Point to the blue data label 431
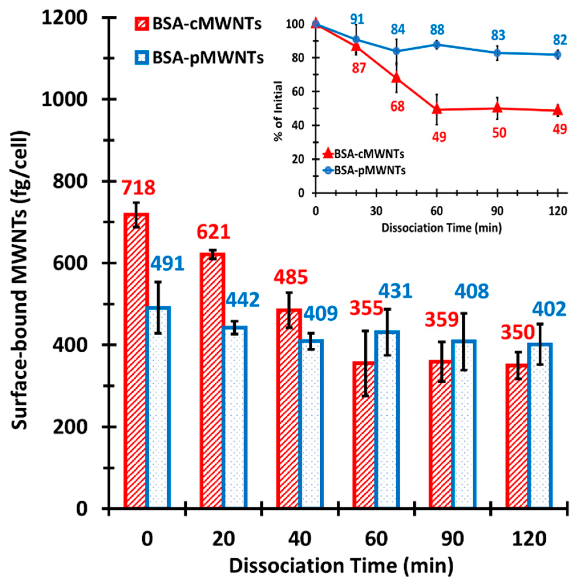click(395, 291)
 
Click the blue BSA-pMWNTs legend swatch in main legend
click(142, 57)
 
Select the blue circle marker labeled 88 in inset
click(437, 45)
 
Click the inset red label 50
click(499, 132)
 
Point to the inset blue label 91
click(357, 19)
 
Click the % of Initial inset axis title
click(278, 111)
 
